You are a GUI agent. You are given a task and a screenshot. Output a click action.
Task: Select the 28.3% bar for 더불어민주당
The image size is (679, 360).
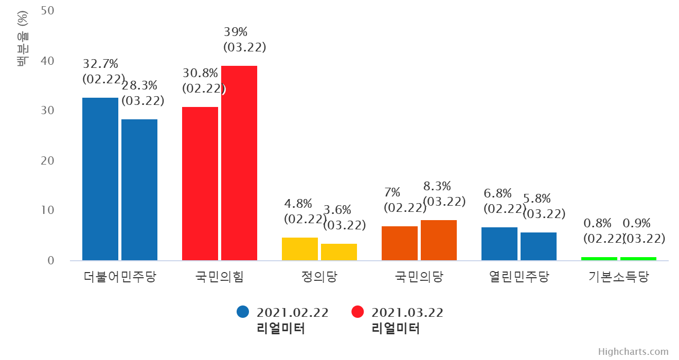click(139, 190)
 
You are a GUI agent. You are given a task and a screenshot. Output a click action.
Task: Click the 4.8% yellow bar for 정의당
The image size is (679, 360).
click(300, 249)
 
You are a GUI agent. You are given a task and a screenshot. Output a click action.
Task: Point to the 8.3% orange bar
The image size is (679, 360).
click(439, 240)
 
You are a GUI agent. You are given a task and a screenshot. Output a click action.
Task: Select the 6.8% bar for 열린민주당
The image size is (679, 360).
click(499, 244)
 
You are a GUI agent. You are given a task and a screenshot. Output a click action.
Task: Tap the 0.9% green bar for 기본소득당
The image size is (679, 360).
click(638, 259)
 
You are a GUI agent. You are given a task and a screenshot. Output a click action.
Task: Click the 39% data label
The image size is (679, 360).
click(245, 40)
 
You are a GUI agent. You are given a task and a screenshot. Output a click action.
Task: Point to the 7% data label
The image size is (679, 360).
click(406, 201)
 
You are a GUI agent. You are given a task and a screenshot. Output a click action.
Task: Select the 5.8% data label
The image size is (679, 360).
click(545, 207)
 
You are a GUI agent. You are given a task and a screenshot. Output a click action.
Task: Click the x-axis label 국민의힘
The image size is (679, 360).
click(220, 277)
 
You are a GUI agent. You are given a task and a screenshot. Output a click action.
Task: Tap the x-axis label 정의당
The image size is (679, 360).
click(319, 277)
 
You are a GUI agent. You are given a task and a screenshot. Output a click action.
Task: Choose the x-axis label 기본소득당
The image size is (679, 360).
click(619, 277)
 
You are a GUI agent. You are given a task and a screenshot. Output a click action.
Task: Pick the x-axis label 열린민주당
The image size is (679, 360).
click(519, 277)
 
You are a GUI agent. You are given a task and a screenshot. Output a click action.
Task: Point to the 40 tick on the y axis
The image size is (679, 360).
click(47, 61)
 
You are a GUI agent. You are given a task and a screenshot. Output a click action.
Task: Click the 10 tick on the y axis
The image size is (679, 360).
click(47, 210)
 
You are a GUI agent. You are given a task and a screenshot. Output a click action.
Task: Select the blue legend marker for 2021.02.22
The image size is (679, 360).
click(243, 312)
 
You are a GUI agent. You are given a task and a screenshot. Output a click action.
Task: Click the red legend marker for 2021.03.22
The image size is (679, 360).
click(358, 312)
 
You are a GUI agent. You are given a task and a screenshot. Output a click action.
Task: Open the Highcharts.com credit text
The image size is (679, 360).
click(633, 352)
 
